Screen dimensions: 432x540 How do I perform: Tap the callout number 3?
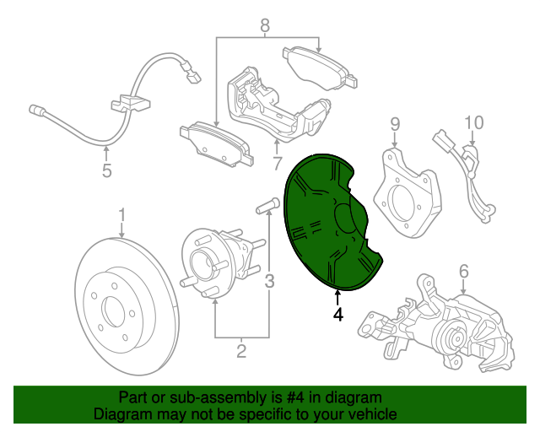tap(269, 281)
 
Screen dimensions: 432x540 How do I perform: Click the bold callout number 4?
tap(338, 315)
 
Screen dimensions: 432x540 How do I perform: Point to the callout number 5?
tap(106, 172)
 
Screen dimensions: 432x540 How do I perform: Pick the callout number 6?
tap(463, 271)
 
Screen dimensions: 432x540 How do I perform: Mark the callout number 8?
tap(265, 26)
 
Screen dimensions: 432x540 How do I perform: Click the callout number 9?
tap(393, 126)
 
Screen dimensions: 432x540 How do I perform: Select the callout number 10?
tap(472, 123)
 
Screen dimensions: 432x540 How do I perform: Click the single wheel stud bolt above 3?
tap(266, 205)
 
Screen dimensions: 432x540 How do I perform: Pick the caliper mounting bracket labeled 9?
tap(408, 192)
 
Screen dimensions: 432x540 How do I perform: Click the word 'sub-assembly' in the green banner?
tap(196, 397)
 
